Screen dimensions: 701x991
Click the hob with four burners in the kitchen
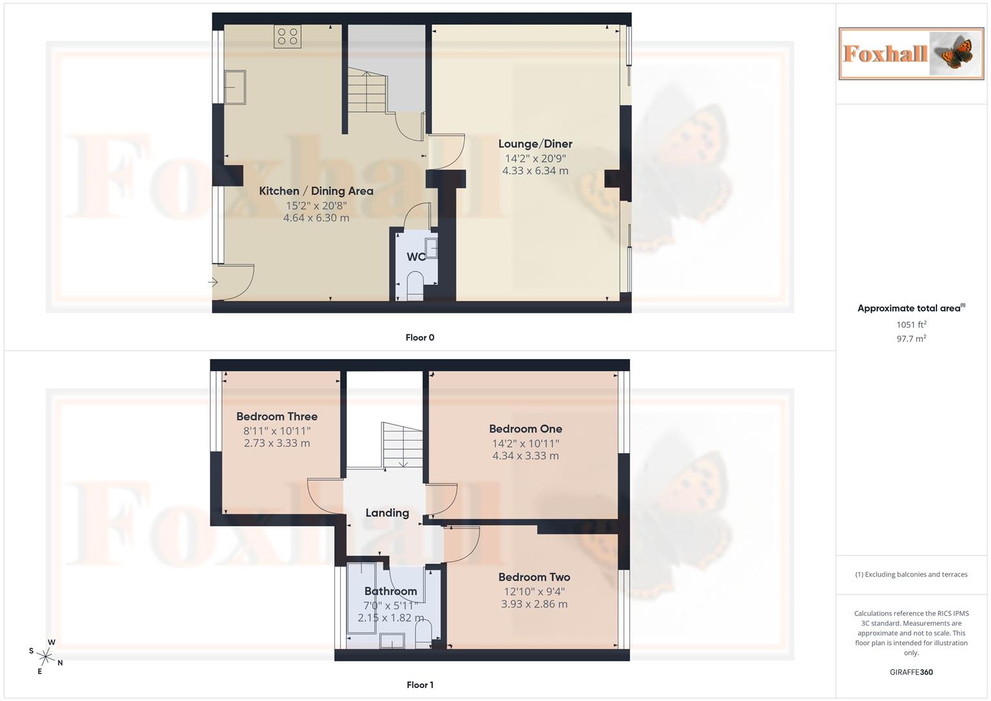coord(288,36)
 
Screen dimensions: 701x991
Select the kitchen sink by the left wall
coord(234,87)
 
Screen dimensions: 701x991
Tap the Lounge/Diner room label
coord(535,144)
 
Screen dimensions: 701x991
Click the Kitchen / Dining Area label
coord(316,191)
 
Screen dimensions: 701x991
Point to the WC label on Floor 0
coord(415,257)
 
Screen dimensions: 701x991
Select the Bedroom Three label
coord(276,417)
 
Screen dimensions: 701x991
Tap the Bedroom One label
coord(525,429)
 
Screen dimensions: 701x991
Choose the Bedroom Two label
coord(533,577)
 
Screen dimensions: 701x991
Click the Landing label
coord(387,513)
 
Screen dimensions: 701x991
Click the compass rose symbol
coord(45,656)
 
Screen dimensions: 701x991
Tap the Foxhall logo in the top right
coord(911,54)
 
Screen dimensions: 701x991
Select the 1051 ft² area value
coord(911,325)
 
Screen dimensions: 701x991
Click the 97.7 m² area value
coord(911,339)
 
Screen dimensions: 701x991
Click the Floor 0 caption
coord(420,338)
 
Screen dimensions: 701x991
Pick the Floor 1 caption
coord(420,685)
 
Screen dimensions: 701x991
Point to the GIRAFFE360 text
coord(911,672)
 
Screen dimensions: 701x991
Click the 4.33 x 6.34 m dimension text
coord(535,171)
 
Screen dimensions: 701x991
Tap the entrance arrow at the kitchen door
coord(212,282)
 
